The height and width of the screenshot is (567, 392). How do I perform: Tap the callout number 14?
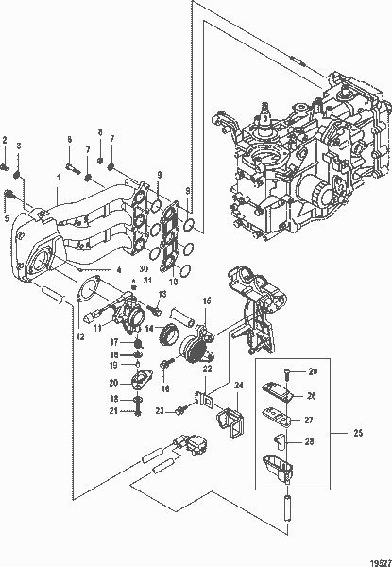[x=147, y=329]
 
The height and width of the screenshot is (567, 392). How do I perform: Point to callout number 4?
[x=119, y=269]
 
